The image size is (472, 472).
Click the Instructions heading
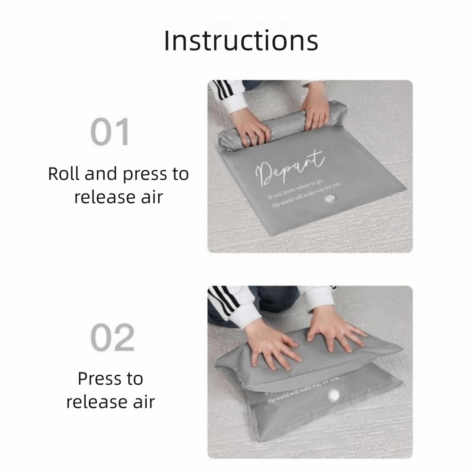pyautogui.click(x=241, y=41)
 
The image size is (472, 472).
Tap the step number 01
pyautogui.click(x=110, y=133)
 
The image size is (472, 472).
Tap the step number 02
pyautogui.click(x=112, y=338)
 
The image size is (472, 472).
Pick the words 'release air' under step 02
pyautogui.click(x=110, y=402)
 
